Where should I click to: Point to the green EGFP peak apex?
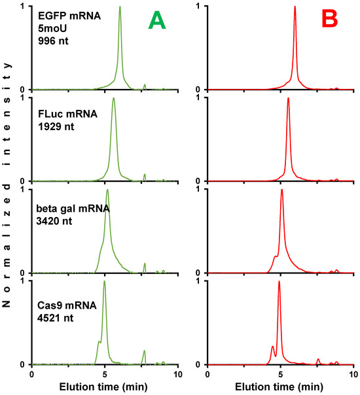(x=120, y=7)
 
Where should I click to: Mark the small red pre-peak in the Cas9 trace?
(x=272, y=347)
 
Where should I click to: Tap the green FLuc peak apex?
(x=114, y=99)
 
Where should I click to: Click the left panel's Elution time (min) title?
(x=105, y=388)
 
